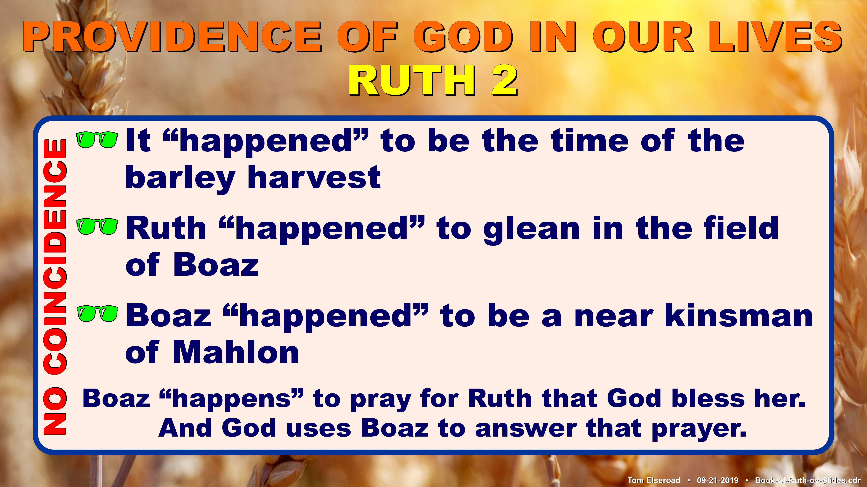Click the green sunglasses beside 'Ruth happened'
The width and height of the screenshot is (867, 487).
[97, 226]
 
